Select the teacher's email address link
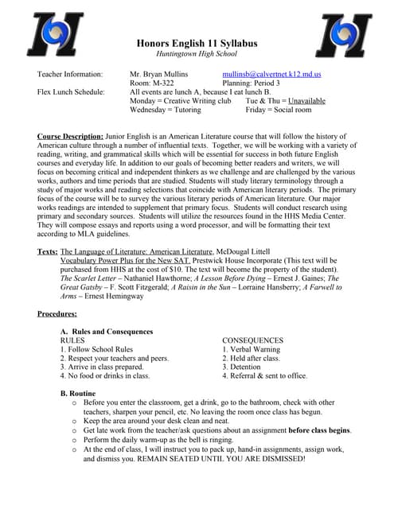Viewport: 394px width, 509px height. point(271,74)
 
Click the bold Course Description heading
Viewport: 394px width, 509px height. point(70,136)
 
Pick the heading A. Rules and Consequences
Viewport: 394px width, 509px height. point(107,331)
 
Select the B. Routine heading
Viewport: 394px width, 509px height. point(78,393)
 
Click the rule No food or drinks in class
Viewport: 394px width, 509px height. point(105,375)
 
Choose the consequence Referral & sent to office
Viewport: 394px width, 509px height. point(264,375)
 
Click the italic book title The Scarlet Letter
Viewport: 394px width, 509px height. point(92,278)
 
